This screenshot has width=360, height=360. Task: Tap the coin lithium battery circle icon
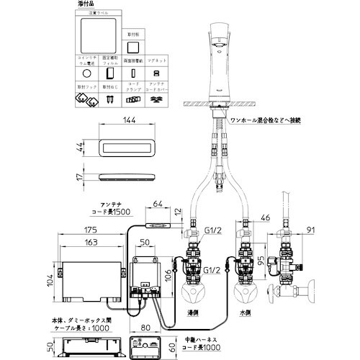(87, 73)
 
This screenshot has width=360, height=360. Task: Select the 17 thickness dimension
(77, 174)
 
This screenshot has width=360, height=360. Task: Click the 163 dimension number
(89, 243)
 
